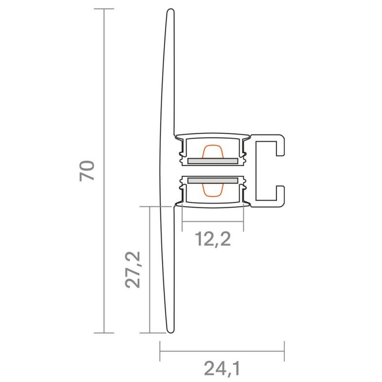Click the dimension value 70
click(88, 171)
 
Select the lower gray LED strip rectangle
click(213, 180)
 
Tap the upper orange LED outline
click(212, 150)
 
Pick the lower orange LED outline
click(212, 191)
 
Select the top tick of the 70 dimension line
click(104, 9)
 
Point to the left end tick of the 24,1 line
click(159, 351)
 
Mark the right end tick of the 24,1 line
click(284, 351)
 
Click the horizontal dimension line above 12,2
click(213, 222)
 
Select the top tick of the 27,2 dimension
click(150, 207)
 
